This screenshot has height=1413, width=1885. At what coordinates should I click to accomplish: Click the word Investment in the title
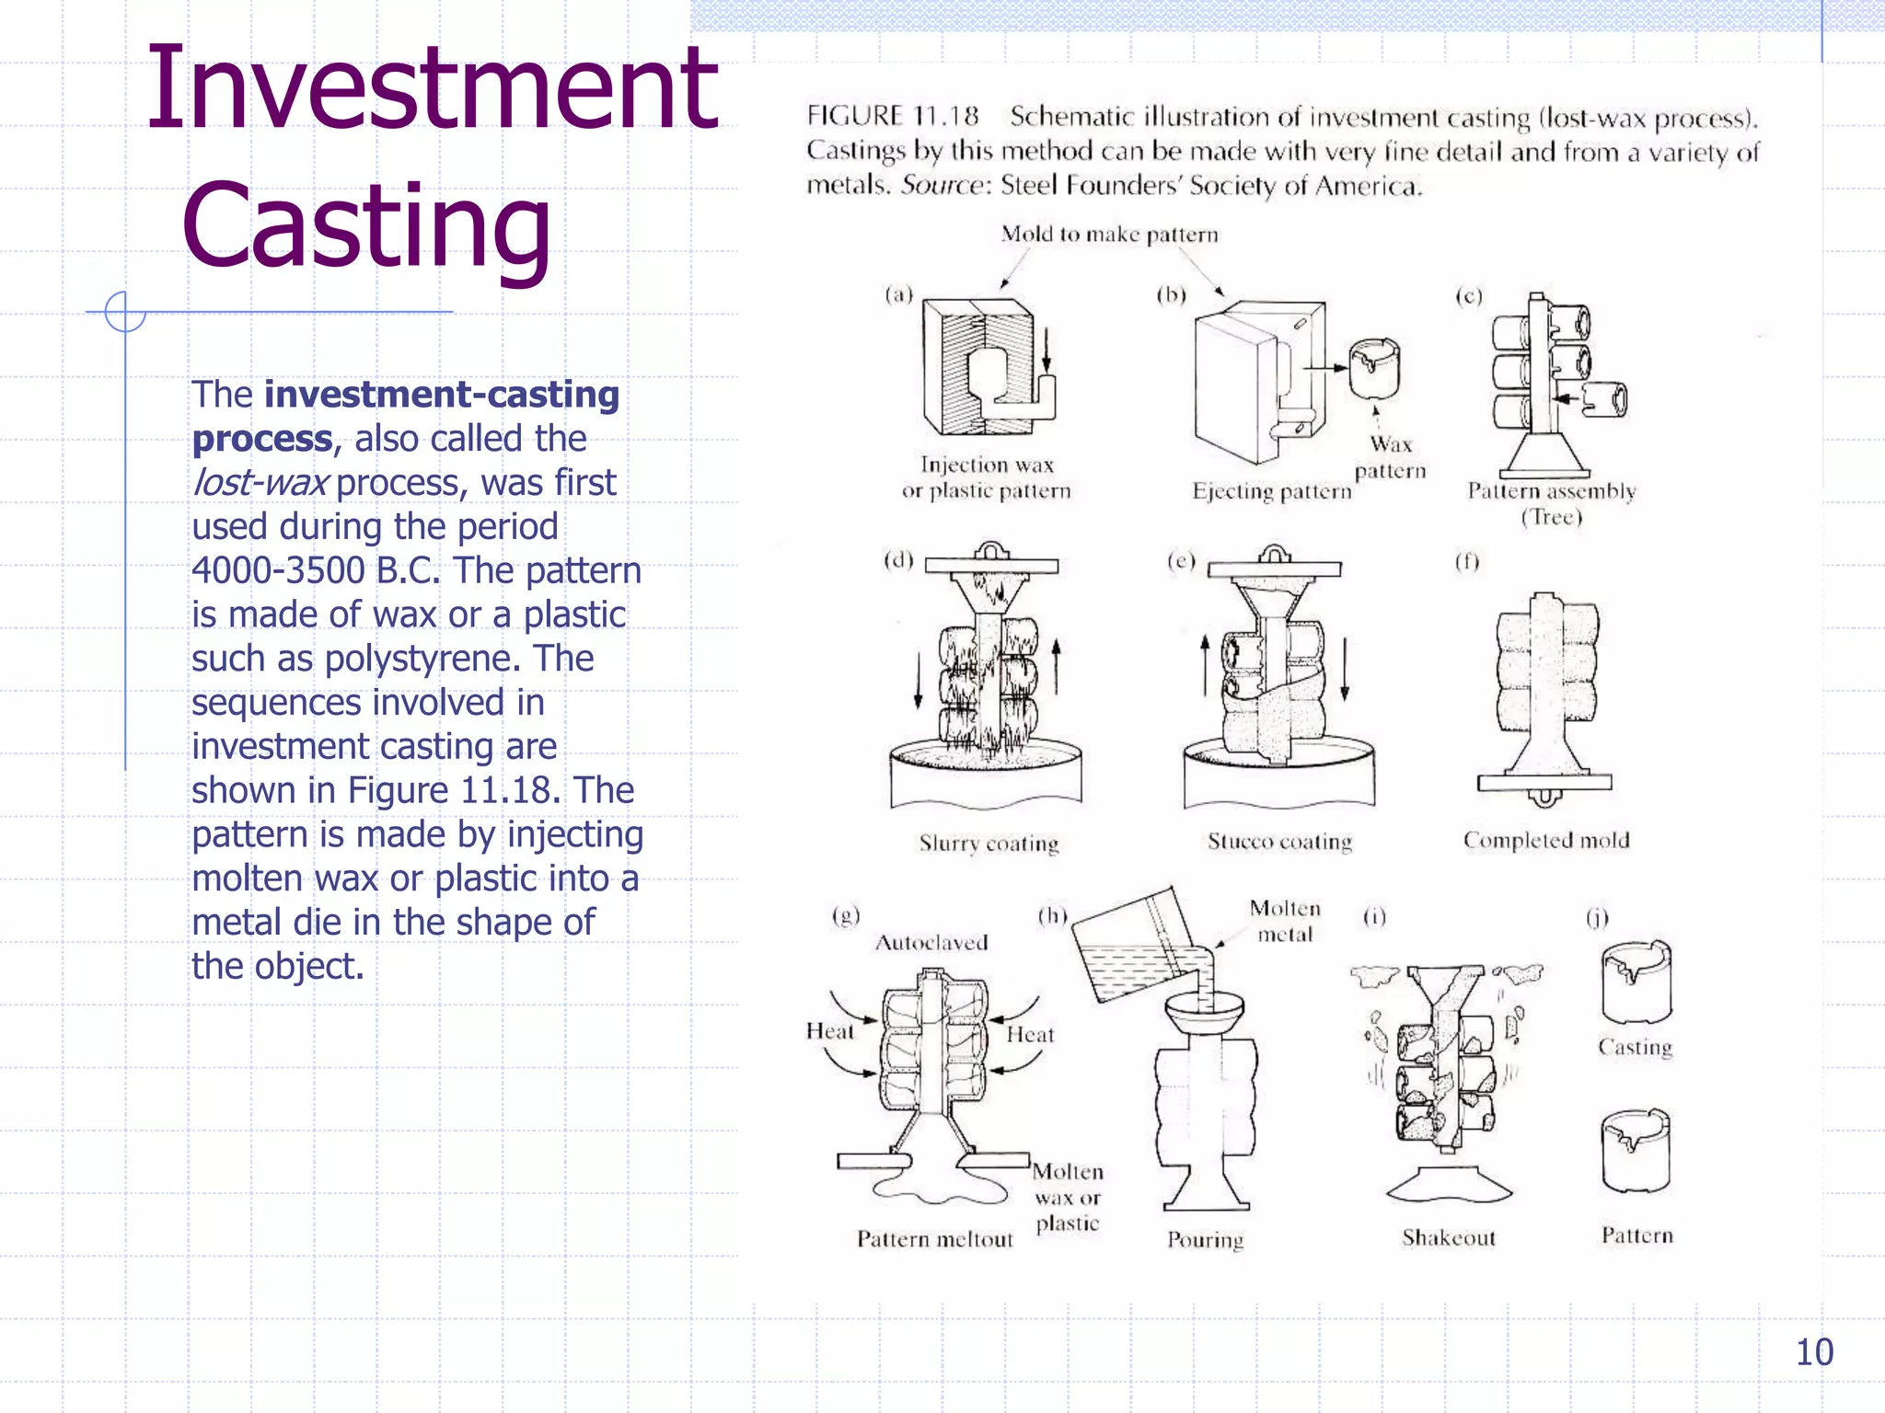coord(432,89)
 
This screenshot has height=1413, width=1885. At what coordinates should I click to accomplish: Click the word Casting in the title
coord(366,226)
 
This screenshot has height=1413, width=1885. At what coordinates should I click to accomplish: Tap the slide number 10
coord(1814,1352)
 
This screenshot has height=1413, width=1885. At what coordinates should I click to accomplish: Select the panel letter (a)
coord(898,295)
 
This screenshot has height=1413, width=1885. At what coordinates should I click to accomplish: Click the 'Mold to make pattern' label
coord(1109,235)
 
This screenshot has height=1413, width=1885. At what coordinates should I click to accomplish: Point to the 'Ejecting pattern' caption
coord(1271,491)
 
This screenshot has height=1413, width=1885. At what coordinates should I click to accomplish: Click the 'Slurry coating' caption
coord(989,844)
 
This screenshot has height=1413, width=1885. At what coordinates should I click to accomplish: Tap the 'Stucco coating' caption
coord(1279,842)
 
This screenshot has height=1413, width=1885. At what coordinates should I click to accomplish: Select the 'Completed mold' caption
coord(1546,840)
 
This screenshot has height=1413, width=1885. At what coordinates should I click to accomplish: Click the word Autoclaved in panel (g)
coord(931,943)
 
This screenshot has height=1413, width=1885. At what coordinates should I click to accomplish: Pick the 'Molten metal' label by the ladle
coord(1285,921)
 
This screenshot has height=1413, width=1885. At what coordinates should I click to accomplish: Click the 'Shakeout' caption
coord(1449,1238)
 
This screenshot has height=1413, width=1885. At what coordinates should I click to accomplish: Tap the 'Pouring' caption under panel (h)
coord(1205,1240)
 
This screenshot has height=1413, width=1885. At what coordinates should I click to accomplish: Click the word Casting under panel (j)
coord(1635,1047)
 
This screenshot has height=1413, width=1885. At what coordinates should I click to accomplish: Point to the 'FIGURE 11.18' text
coord(892,116)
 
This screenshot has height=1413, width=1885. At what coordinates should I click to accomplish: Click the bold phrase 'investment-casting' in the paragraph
coord(442,395)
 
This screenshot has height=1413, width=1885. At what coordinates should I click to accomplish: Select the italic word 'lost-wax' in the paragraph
coord(260,483)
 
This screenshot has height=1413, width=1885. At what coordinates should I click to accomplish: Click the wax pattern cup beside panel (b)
coord(1374,369)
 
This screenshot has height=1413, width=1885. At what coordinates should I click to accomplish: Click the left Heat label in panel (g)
coord(829,1031)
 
